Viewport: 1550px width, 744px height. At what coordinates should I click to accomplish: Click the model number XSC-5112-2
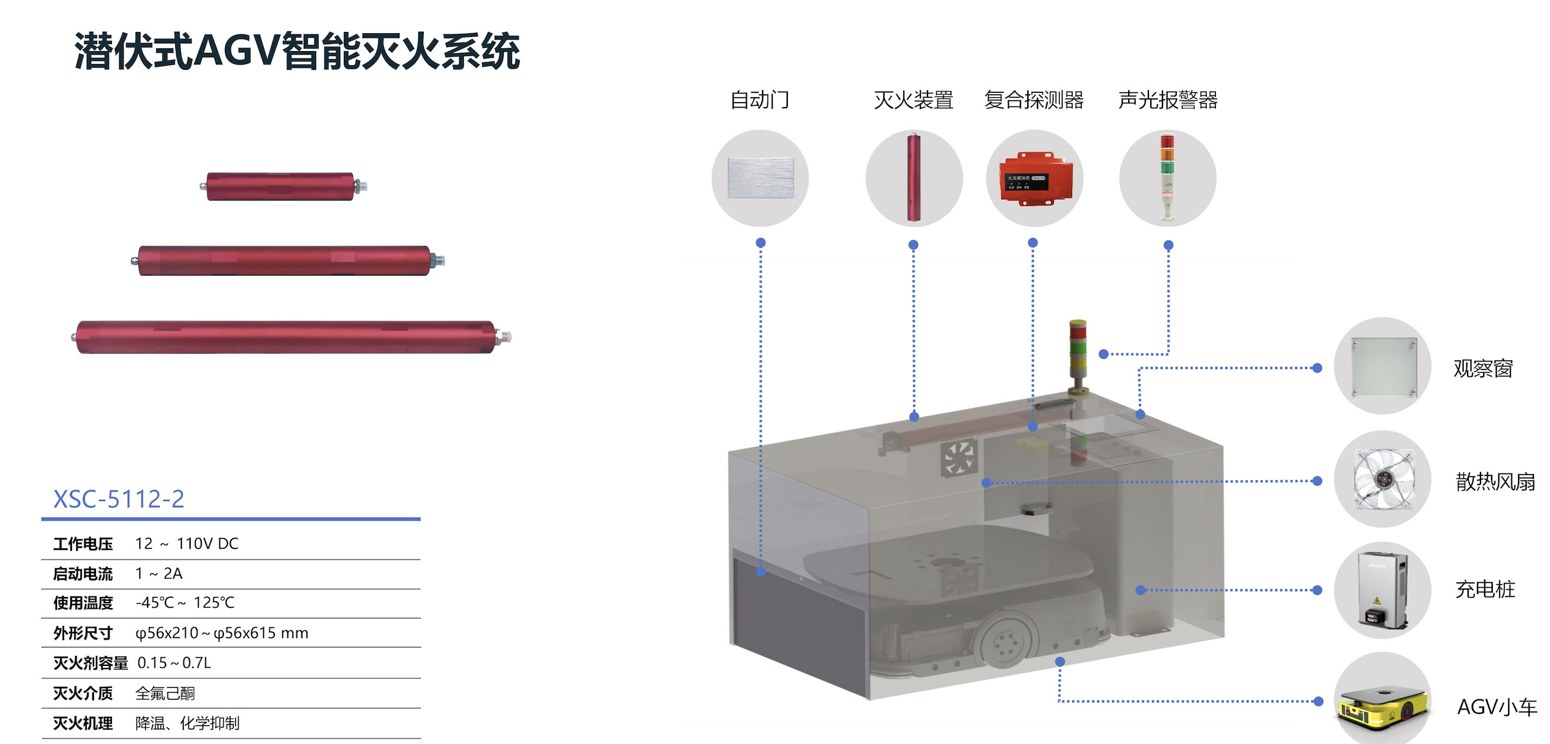[119, 499]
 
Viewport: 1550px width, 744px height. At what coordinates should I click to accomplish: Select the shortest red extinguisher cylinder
[284, 186]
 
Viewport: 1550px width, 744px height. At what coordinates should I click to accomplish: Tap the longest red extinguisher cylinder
[291, 337]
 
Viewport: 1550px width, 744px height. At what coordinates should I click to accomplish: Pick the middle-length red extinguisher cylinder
[288, 261]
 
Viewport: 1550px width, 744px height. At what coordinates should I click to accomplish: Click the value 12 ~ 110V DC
[187, 544]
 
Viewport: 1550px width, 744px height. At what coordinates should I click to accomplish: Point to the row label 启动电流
[83, 574]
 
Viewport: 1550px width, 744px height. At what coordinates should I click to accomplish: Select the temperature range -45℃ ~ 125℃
[185, 603]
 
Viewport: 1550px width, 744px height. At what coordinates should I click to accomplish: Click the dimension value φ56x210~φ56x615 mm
[222, 633]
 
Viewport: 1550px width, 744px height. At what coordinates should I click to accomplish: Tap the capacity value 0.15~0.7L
[174, 663]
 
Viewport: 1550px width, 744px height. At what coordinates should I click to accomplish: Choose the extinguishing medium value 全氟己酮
[165, 694]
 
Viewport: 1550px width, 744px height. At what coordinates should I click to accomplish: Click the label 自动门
[760, 100]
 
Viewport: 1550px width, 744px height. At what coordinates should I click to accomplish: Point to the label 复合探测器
[1034, 100]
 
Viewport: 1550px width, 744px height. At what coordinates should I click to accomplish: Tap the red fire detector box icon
[1036, 179]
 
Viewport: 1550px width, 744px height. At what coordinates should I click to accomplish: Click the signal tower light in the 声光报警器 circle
[1167, 177]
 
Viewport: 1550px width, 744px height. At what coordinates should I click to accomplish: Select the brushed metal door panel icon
[760, 178]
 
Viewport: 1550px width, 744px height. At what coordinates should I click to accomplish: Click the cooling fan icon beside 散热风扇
[1384, 480]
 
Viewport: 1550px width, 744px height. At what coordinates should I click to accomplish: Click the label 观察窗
[1483, 368]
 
